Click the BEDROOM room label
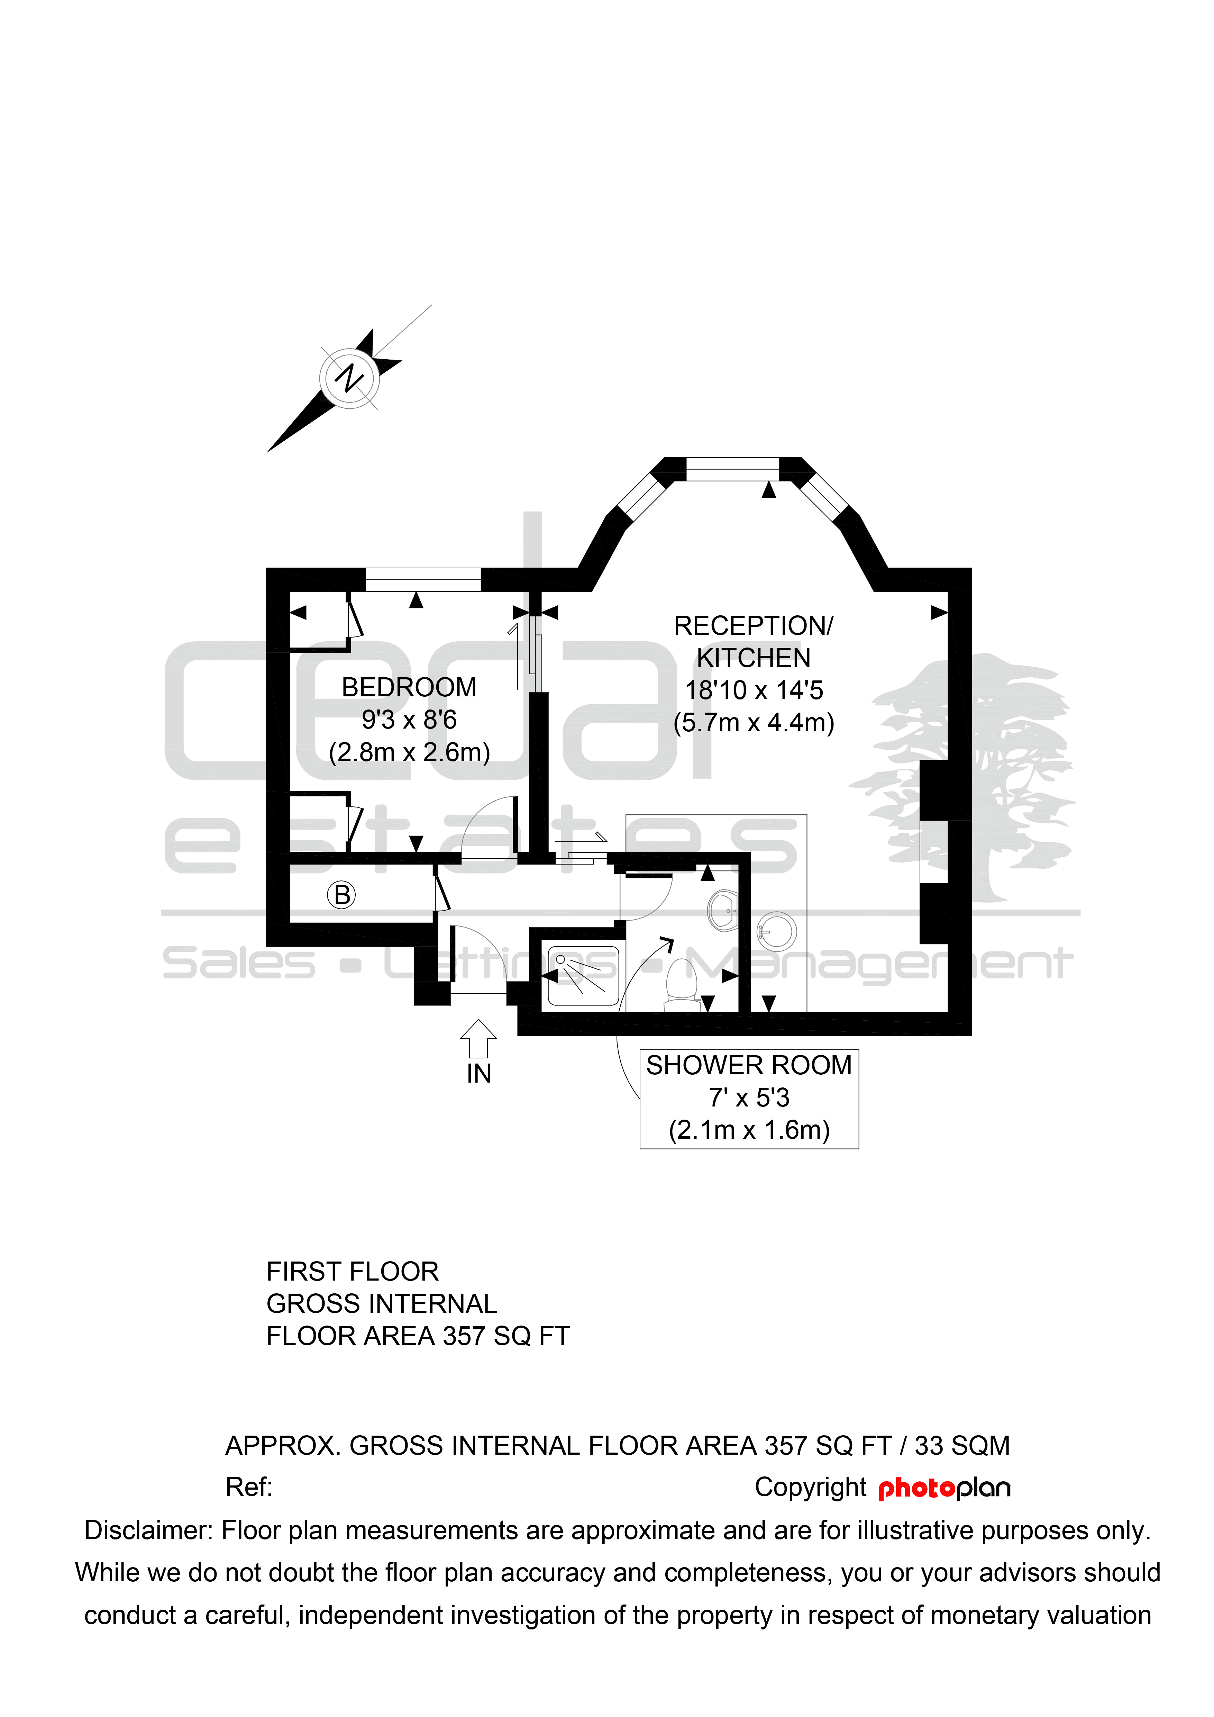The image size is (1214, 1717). (x=409, y=687)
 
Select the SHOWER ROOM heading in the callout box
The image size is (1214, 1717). (x=749, y=1065)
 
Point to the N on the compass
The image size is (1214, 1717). (x=349, y=378)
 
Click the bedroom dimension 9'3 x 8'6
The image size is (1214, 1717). (x=409, y=720)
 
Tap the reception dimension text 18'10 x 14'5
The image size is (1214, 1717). (x=754, y=690)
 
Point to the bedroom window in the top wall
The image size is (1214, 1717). (x=423, y=580)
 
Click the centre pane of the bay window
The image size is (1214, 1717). (x=733, y=469)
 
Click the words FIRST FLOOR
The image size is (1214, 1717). (x=352, y=1271)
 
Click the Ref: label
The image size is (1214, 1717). (x=249, y=1487)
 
